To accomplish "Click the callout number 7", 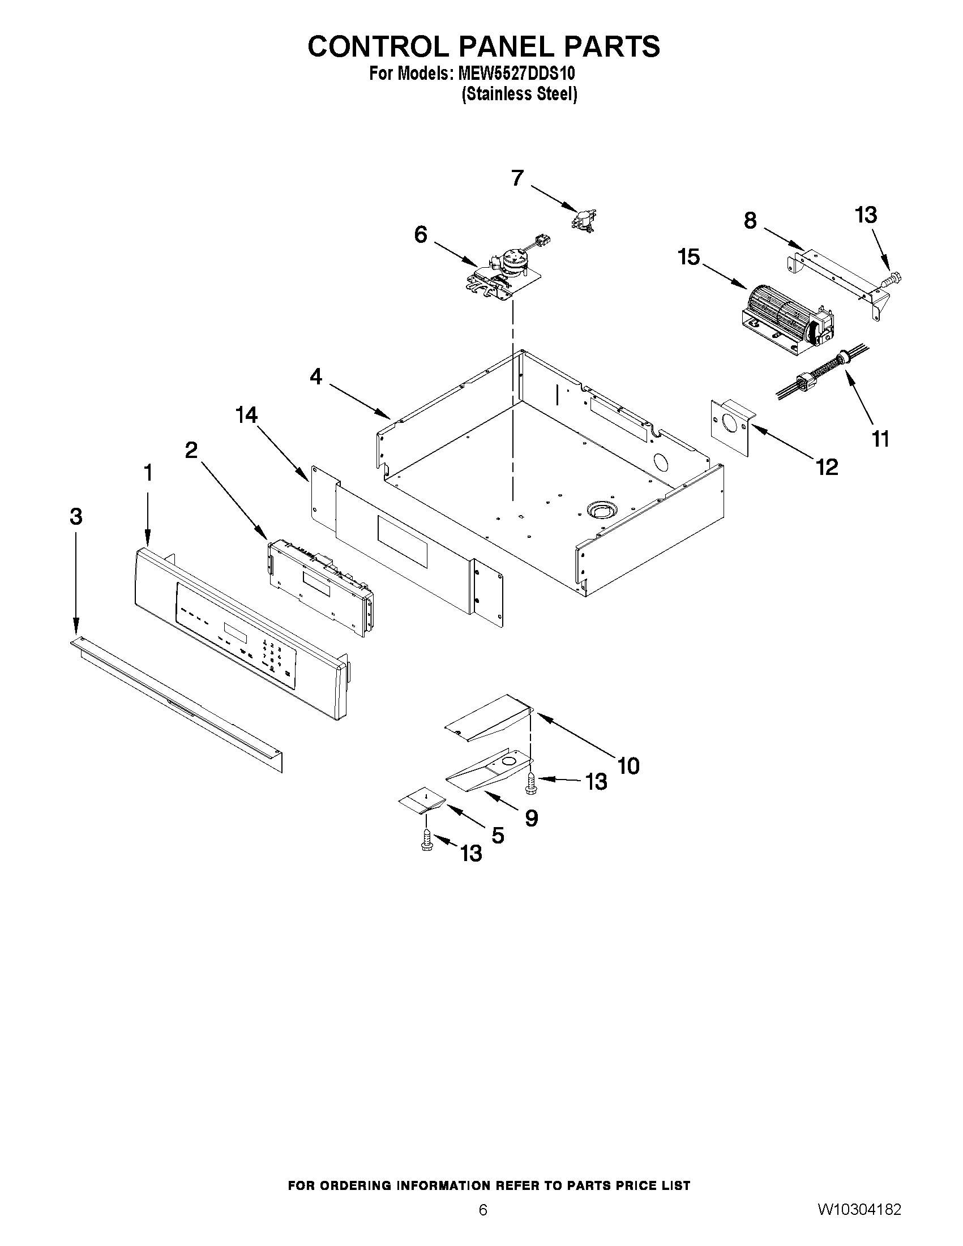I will pyautogui.click(x=517, y=178).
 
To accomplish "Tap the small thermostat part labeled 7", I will pyautogui.click(x=584, y=220).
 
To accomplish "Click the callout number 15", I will pyautogui.click(x=688, y=257).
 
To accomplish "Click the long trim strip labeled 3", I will pyautogui.click(x=177, y=704).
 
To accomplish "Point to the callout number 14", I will pyautogui.click(x=246, y=416).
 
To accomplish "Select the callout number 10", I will pyautogui.click(x=628, y=765).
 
